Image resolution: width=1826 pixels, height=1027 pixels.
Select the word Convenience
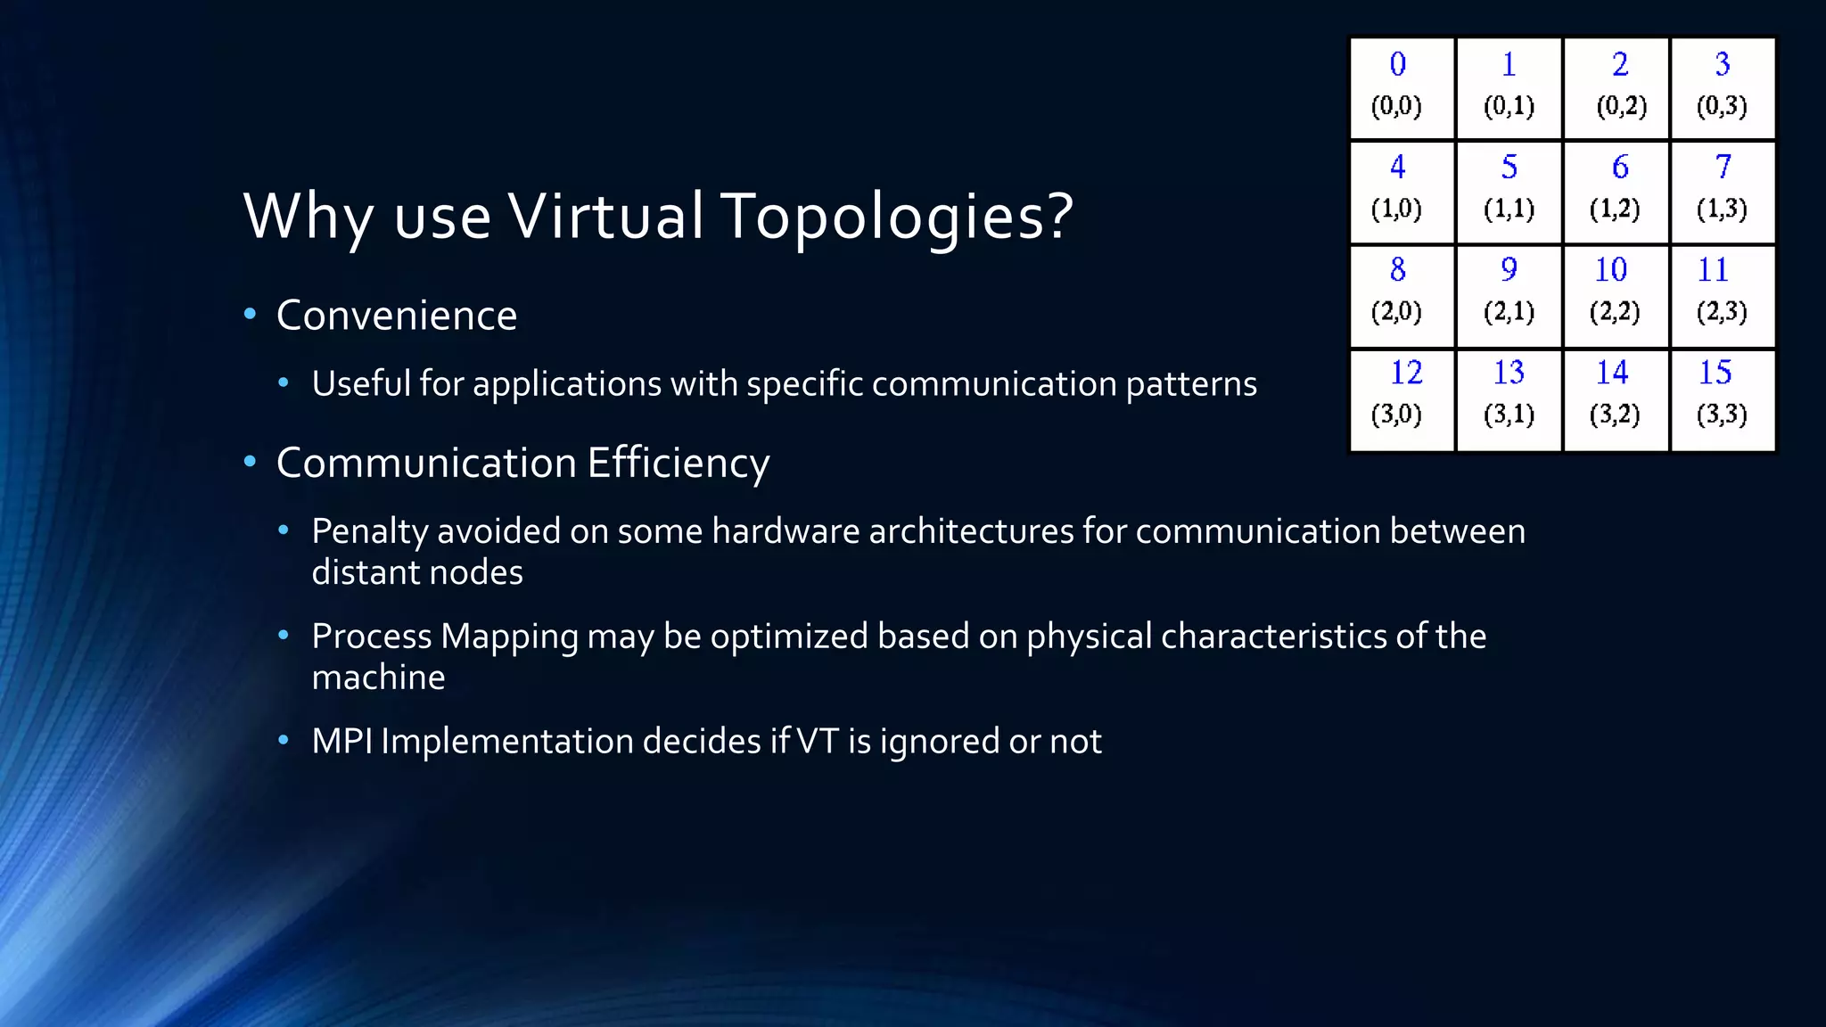396,316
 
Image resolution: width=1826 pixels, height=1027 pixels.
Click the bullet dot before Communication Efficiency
251,462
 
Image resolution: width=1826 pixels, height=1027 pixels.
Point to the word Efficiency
678,464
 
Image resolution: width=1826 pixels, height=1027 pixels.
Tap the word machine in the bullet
378,678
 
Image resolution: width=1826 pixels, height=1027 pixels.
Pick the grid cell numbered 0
1402,88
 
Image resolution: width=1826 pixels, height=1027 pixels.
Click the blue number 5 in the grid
1509,167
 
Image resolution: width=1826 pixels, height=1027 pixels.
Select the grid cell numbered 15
1723,400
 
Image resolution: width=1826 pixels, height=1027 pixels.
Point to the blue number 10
1610,269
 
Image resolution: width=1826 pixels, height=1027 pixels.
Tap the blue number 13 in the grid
1509,373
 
